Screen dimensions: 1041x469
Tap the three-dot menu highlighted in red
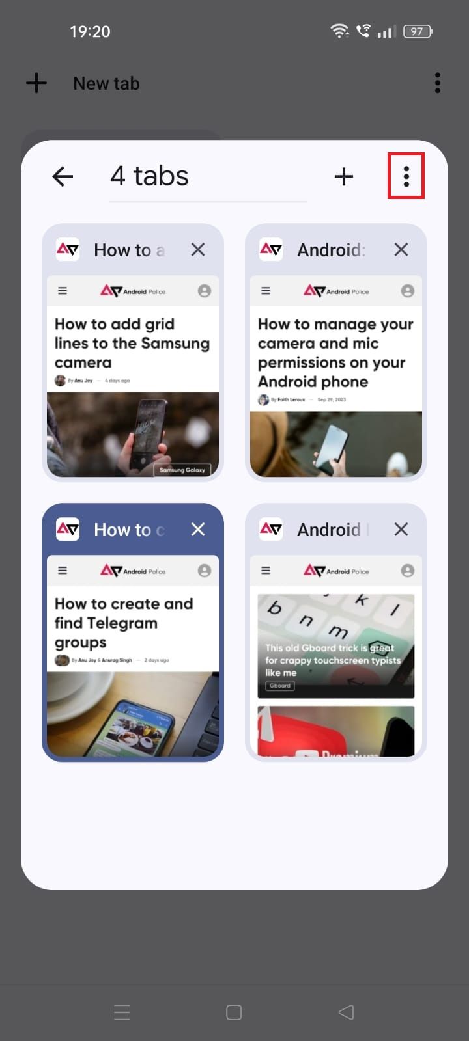406,176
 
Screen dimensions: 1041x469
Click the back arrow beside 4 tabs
63,176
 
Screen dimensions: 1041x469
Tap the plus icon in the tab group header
343,176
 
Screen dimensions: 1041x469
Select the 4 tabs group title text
149,176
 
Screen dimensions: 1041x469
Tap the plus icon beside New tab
36,83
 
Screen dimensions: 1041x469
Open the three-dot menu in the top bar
437,83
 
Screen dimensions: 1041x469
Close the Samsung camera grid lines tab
198,250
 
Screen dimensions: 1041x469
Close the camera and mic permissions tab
401,250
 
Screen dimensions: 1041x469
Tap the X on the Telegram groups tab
198,530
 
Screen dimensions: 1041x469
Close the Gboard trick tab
401,530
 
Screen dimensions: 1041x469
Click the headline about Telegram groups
123,623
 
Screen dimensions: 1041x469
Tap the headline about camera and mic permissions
335,353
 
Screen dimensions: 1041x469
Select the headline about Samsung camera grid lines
132,343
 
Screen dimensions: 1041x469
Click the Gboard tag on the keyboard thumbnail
280,686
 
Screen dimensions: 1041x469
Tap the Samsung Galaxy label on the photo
182,470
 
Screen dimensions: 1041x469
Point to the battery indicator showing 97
418,31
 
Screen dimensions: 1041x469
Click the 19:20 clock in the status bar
90,31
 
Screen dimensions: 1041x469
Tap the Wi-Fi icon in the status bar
339,31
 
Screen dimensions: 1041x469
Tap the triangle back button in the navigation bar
346,1012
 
